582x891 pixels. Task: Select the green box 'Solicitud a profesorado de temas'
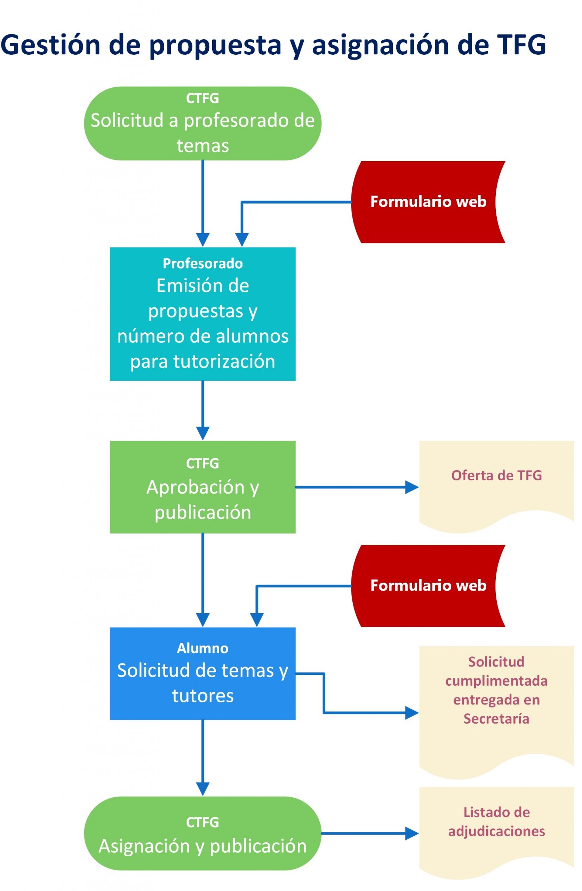202,124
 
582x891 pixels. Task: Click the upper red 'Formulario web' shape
428,202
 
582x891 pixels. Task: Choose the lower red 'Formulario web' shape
428,585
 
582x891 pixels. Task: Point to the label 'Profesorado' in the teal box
202,263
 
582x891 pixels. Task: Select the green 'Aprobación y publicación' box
202,487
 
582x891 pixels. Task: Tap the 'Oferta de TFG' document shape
496,483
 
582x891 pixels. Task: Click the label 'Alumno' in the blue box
202,648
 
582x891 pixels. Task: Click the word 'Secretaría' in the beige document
496,718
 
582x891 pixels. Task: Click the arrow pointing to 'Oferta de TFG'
356,487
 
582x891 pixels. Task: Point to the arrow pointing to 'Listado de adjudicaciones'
369,833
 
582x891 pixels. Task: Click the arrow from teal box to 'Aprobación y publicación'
202,410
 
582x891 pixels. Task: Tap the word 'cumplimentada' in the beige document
496,680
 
